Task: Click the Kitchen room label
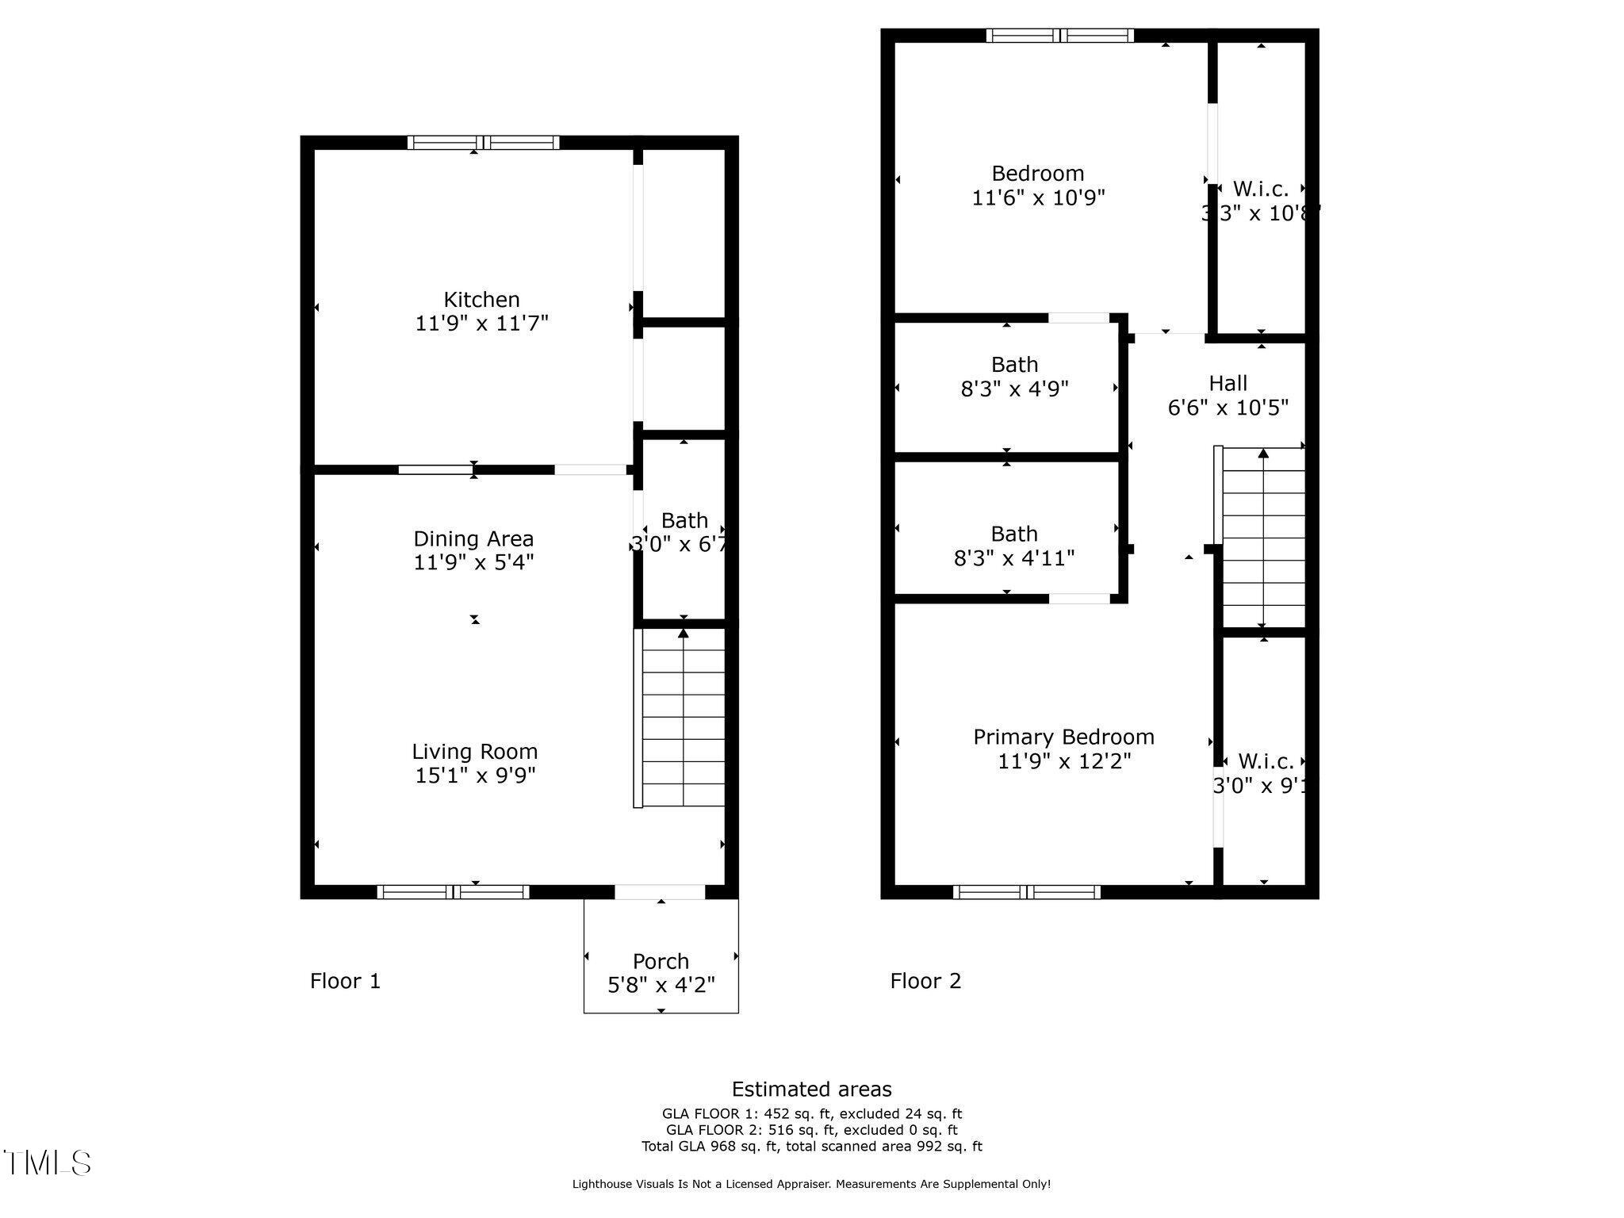tap(481, 300)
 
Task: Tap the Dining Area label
tap(473, 539)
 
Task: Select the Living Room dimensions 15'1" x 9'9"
tap(475, 775)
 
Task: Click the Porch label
tap(661, 961)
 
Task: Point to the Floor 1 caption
tap(345, 981)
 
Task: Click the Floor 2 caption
tap(925, 981)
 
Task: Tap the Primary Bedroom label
tap(1063, 737)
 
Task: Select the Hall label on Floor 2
tap(1228, 383)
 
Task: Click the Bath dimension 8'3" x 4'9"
tap(1014, 389)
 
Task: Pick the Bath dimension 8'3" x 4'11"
tap(1014, 558)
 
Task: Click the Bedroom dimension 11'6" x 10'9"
tap(1038, 197)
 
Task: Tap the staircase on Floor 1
tap(682, 718)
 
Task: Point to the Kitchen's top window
tap(483, 143)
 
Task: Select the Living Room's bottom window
tap(453, 891)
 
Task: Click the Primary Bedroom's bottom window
tap(1027, 891)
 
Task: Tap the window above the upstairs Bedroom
tap(1060, 35)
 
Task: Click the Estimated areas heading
tap(811, 1089)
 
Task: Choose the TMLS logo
tap(48, 1162)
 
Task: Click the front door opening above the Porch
tap(660, 891)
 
